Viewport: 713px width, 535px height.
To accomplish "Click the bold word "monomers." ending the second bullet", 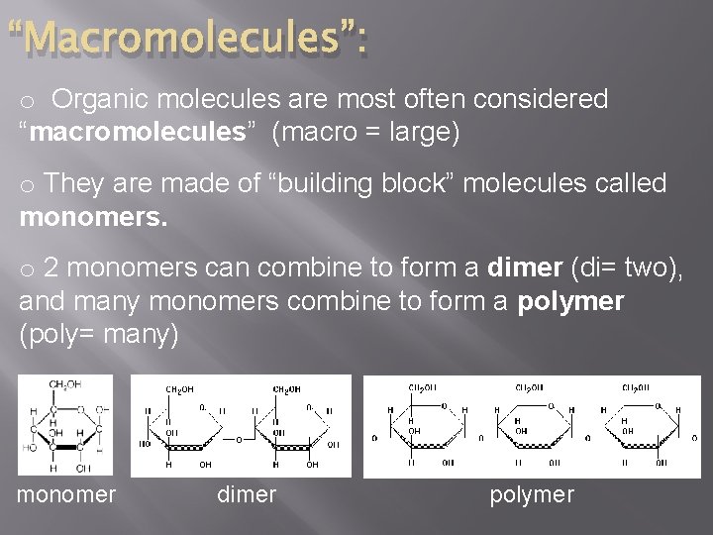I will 94,216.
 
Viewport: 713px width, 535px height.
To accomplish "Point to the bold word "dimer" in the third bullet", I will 523,268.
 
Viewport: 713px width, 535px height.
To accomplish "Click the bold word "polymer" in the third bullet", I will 570,301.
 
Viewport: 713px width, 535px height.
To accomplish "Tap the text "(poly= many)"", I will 99,334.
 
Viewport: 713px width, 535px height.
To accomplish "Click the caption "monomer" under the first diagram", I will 66,494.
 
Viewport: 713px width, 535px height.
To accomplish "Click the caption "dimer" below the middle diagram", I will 247,494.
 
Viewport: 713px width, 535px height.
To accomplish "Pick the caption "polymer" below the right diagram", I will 532,494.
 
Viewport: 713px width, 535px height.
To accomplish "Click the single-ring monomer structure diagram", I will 65,425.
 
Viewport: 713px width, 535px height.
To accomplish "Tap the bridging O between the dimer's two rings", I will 239,439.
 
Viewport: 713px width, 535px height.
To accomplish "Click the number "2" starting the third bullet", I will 52,268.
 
